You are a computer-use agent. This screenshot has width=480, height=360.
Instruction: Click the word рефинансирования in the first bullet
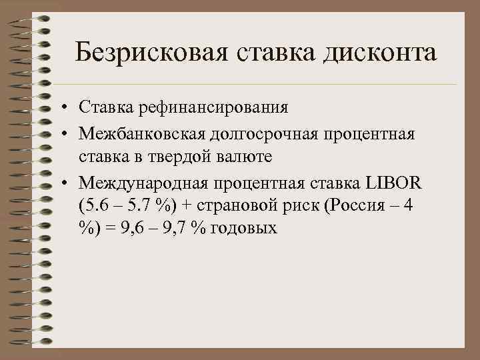click(209, 107)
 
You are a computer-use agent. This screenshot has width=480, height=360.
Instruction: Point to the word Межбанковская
click(143, 135)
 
